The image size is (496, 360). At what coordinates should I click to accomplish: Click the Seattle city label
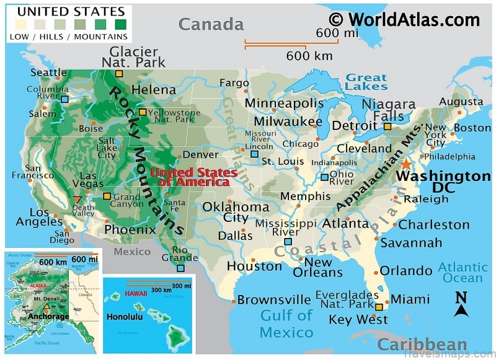point(48,72)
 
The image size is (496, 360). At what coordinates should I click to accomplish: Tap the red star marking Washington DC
point(405,164)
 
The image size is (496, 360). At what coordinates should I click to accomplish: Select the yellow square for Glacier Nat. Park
point(119,74)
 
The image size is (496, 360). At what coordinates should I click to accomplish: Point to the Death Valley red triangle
point(76,199)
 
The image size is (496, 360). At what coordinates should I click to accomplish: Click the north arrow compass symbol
point(461,304)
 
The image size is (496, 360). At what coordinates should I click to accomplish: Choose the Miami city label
point(410,299)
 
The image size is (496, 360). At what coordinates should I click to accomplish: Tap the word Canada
point(211,24)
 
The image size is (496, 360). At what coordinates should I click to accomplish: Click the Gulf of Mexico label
point(286,323)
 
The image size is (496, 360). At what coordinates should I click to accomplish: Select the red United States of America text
point(193,177)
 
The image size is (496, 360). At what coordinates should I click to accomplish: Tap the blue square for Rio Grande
point(180,268)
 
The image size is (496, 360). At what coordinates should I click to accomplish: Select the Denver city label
point(200,154)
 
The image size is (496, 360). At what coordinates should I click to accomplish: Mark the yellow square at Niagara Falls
point(387,126)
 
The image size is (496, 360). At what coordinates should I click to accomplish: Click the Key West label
point(358,320)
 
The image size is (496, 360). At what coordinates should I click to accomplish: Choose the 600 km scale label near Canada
point(309,56)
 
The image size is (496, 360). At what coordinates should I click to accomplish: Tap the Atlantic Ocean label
point(463,273)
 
